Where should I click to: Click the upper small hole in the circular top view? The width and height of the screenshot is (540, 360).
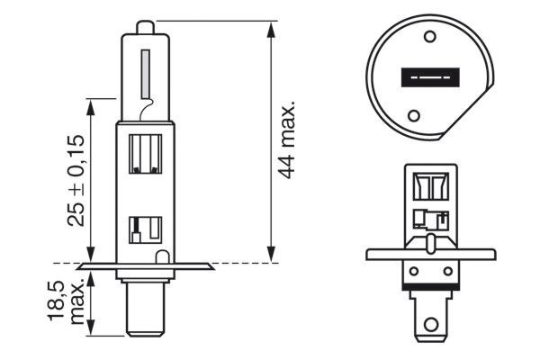click(x=429, y=38)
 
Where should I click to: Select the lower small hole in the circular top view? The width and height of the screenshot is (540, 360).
click(x=415, y=116)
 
